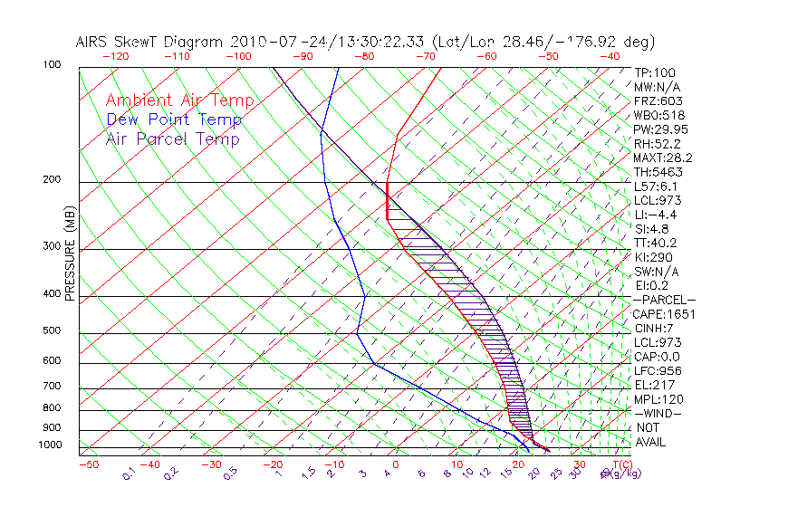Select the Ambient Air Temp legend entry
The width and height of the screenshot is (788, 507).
tap(179, 101)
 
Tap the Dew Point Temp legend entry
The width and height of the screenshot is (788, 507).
tap(173, 120)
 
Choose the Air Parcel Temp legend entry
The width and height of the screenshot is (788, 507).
tap(172, 139)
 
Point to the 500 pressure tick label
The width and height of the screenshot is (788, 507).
tap(53, 331)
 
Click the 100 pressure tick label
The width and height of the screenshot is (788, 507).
tap(53, 65)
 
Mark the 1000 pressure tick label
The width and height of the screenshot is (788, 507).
tap(50, 445)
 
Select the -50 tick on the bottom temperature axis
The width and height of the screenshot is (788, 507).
tap(89, 465)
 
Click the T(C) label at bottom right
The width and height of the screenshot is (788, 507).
tap(616, 465)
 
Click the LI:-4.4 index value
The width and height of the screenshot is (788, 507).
tap(655, 215)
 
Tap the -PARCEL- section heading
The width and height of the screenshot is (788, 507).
tap(664, 300)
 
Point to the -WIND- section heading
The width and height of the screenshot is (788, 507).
tap(658, 413)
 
